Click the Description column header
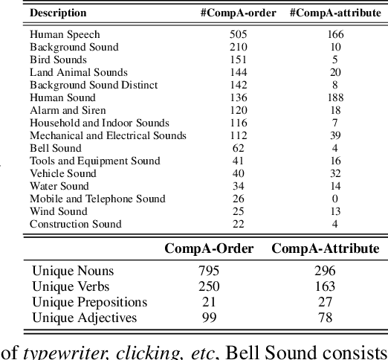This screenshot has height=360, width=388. coord(58,13)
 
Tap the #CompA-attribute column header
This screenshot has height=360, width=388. coord(335,13)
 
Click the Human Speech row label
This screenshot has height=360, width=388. coord(65,34)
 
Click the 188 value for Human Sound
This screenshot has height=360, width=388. coord(335,97)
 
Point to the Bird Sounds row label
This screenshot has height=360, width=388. coord(58,60)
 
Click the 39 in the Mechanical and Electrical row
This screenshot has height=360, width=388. coord(335,135)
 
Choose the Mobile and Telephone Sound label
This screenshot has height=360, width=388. coord(97,199)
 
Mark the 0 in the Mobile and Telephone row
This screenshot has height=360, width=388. coord(335,199)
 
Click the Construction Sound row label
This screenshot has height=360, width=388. coord(75,224)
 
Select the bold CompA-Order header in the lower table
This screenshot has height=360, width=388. coord(209,248)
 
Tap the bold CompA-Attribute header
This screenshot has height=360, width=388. coord(325,248)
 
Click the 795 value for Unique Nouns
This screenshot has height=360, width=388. coord(209,271)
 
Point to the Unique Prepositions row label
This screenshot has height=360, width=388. coord(89,302)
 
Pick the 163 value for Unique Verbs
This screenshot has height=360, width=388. coord(325,286)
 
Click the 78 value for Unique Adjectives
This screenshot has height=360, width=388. coord(325,318)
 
